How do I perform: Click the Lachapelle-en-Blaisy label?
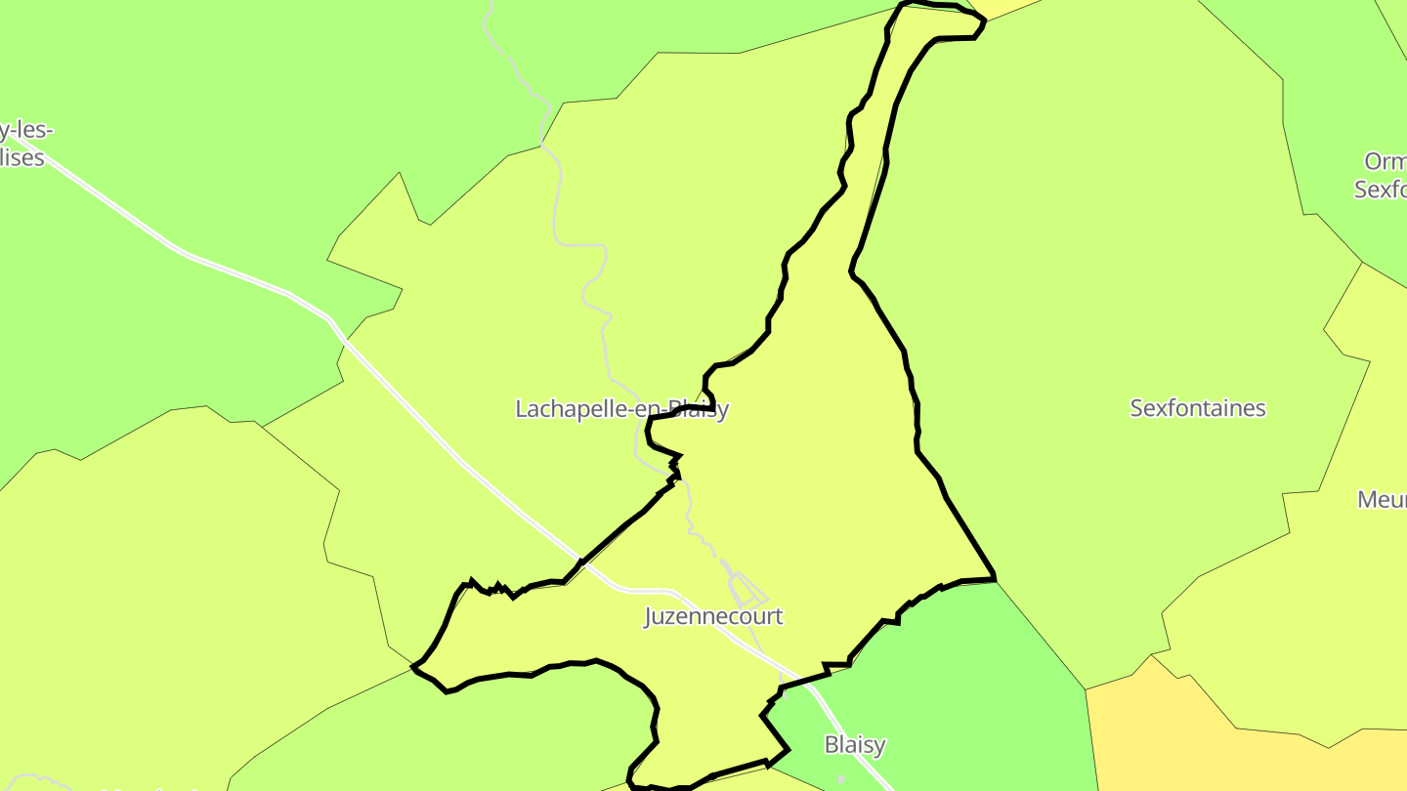[x=621, y=409]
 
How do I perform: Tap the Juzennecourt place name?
[x=713, y=616]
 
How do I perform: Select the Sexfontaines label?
[x=1197, y=408]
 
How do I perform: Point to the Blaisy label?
[x=855, y=744]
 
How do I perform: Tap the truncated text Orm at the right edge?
[x=1386, y=161]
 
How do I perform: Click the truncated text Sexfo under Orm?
[x=1380, y=189]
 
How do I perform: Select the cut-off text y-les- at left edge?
[x=26, y=131]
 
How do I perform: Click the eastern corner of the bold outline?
[x=994, y=579]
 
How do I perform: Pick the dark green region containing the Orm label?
[x=1348, y=98]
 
